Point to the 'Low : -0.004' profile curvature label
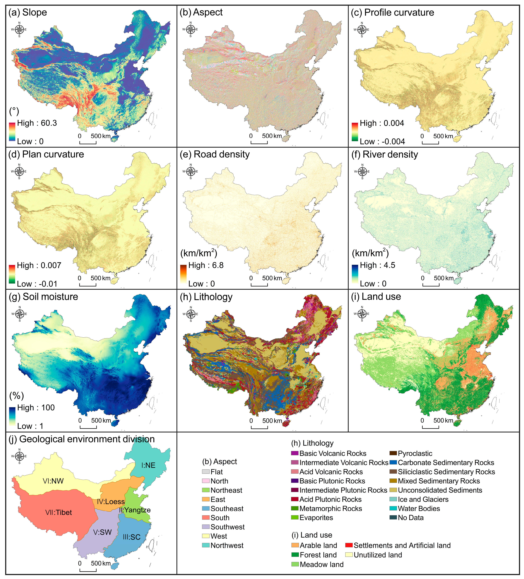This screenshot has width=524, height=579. (x=382, y=142)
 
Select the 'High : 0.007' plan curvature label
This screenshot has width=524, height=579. (x=39, y=265)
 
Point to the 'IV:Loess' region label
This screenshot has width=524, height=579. (x=111, y=501)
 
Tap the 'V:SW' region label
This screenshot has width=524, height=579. (x=102, y=532)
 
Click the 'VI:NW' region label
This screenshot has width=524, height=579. (x=53, y=481)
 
